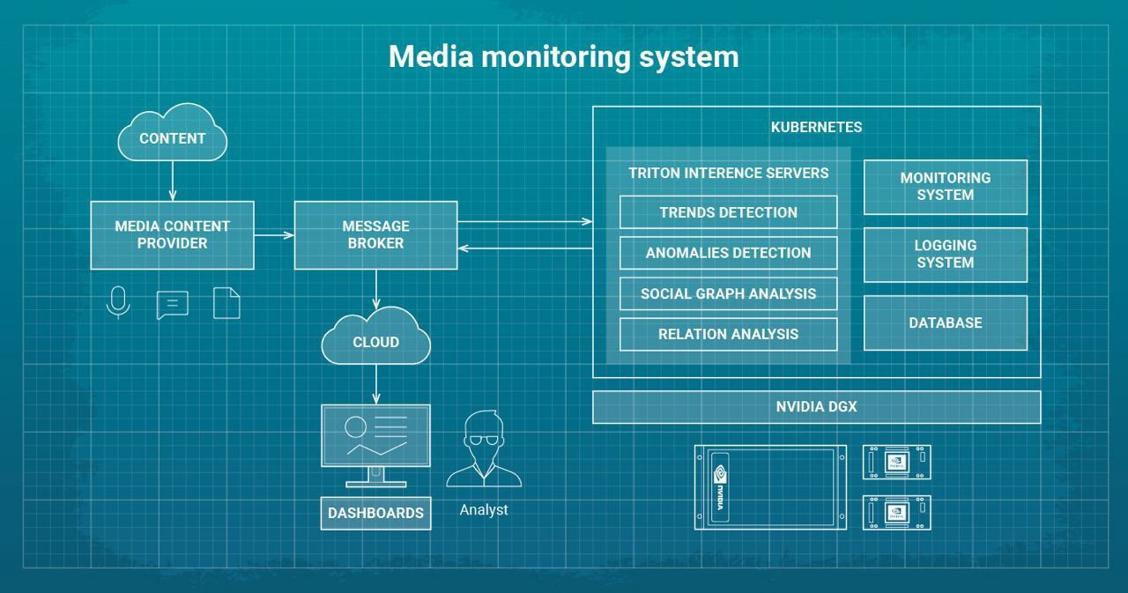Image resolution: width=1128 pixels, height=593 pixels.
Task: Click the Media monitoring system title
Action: [563, 56]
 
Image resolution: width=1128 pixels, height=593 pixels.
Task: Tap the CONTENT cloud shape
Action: [172, 137]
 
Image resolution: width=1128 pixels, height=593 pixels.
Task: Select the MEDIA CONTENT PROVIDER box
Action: [172, 234]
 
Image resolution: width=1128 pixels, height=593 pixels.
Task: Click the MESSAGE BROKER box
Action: [375, 234]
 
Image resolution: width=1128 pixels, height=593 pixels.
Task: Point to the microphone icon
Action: [117, 302]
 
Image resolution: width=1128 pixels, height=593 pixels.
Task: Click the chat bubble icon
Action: [172, 305]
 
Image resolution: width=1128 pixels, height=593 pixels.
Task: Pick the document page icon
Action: [226, 302]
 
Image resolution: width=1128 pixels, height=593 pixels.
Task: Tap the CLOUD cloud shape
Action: [376, 341]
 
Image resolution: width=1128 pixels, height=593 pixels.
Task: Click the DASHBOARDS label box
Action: [375, 513]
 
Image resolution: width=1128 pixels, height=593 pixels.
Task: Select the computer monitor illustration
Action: [375, 441]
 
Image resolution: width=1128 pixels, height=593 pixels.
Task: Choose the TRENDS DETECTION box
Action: [728, 212]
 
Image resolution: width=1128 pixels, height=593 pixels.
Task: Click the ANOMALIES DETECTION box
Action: [728, 253]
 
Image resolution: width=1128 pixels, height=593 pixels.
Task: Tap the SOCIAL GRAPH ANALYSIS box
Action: [728, 293]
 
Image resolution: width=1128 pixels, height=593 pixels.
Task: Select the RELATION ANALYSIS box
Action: [728, 334]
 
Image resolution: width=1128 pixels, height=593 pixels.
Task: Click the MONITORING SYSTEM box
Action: [945, 187]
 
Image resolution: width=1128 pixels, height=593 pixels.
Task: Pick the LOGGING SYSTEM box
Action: [945, 255]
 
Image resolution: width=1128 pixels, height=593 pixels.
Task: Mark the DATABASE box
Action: [945, 322]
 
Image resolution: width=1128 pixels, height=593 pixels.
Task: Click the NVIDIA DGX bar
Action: [816, 407]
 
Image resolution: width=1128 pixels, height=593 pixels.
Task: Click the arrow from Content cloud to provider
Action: [172, 181]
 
